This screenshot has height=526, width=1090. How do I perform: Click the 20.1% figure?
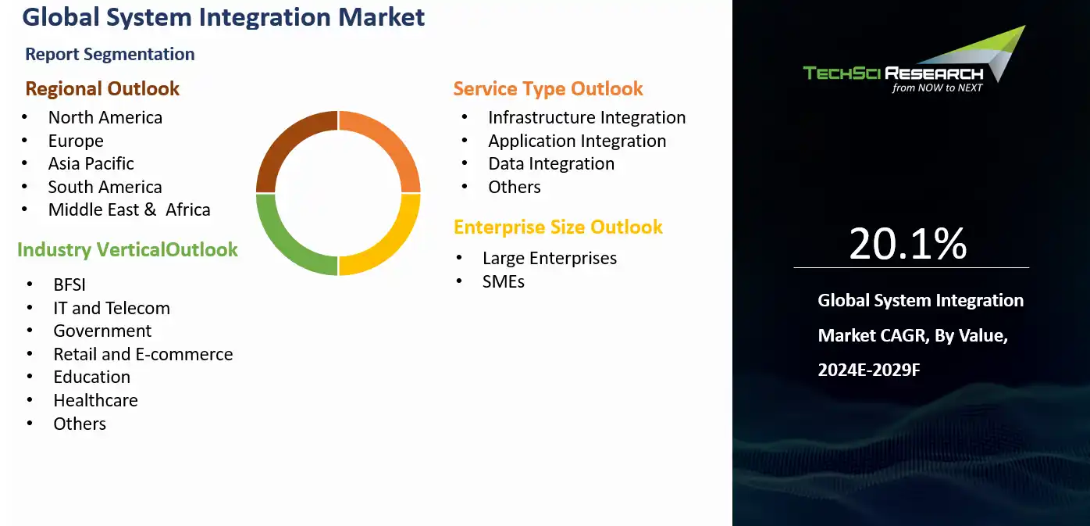pyautogui.click(x=908, y=244)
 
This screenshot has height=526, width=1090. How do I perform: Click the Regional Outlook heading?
pyautogui.click(x=102, y=88)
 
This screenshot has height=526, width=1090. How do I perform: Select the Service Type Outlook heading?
pyautogui.click(x=548, y=89)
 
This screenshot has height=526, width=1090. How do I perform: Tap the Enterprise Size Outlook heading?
pyautogui.click(x=558, y=227)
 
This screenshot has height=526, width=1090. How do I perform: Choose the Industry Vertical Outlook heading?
pyautogui.click(x=127, y=250)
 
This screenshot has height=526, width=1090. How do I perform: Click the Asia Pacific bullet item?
pyautogui.click(x=91, y=163)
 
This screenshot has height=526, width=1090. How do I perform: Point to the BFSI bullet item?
pyautogui.click(x=69, y=284)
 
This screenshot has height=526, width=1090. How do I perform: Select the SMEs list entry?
pyautogui.click(x=504, y=281)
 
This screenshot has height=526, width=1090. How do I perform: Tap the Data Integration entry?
pyautogui.click(x=551, y=163)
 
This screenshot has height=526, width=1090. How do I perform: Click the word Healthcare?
pyautogui.click(x=96, y=400)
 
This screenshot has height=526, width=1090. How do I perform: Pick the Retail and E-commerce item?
pyautogui.click(x=143, y=354)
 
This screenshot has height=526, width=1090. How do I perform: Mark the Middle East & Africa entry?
pyautogui.click(x=130, y=210)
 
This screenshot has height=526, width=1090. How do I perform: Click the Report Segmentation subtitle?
pyautogui.click(x=110, y=54)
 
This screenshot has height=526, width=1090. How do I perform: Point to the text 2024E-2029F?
pyautogui.click(x=869, y=370)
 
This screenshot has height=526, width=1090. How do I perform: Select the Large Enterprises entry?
pyautogui.click(x=550, y=258)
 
